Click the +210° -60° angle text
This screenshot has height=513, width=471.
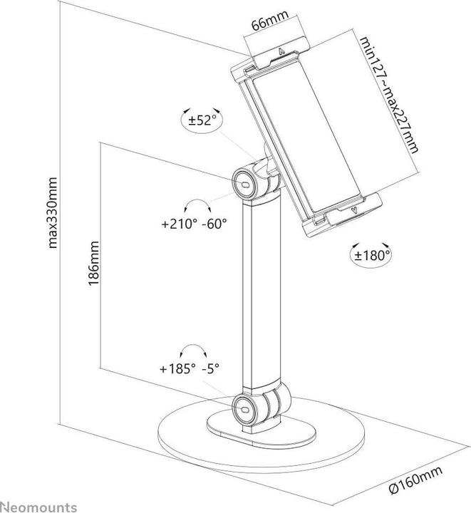[194, 224]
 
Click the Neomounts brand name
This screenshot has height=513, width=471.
[38, 507]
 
